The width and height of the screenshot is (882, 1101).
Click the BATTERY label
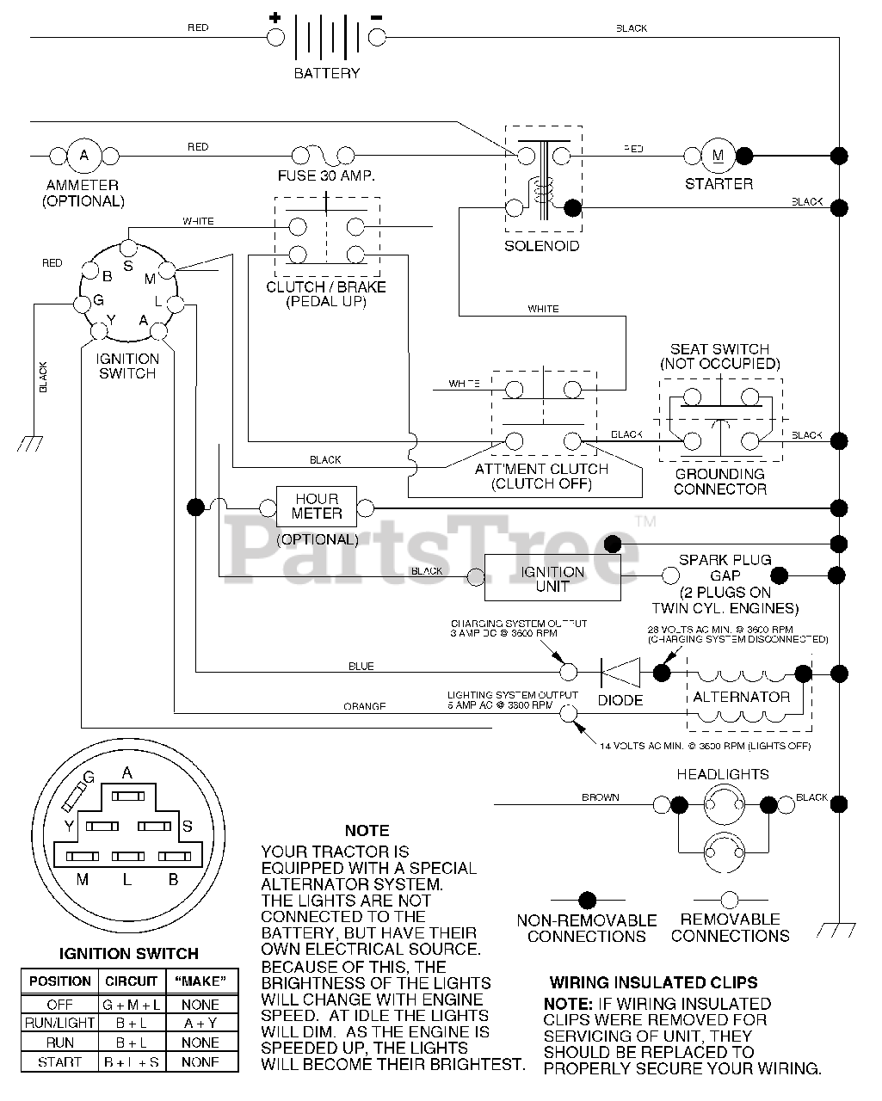326,73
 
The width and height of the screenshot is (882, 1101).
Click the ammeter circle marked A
84,156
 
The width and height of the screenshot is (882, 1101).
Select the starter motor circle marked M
719,156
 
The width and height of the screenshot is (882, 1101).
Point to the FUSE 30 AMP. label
326,175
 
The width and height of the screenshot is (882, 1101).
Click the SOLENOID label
541,246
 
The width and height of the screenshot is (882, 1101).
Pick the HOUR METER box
317,507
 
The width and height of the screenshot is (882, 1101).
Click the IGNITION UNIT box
552,578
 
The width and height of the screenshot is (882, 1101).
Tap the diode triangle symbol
620,672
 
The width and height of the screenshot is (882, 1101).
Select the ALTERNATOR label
741,697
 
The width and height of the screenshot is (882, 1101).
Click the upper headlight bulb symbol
723,805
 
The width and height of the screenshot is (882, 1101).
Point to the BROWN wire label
600,797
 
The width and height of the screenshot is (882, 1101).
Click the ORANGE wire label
364,707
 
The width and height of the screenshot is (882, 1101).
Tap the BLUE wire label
361,667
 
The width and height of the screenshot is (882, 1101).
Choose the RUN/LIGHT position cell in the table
59,1023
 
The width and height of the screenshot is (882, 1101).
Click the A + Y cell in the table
200,1023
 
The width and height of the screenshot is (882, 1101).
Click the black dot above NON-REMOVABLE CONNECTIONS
586,901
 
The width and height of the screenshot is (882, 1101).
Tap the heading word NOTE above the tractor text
367,830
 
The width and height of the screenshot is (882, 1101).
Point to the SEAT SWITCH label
719,349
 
